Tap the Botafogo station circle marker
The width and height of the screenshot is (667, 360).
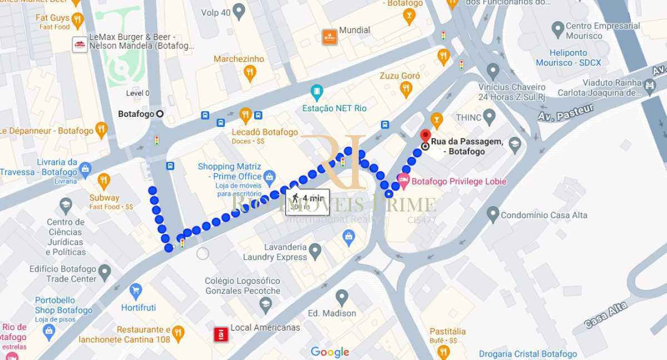160,114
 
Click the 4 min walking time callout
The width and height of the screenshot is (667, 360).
307,201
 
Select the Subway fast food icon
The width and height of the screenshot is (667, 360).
103,181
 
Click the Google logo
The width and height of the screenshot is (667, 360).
330,352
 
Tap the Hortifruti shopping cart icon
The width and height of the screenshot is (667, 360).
136,290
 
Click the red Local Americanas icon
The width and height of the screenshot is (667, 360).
221,334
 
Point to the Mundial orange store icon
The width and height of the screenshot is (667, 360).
329,37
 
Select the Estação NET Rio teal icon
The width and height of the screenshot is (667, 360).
317,92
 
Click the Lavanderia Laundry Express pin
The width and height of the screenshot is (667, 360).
315,251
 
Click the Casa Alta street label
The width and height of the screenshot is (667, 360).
606,315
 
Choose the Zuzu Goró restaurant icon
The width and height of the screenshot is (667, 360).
406,88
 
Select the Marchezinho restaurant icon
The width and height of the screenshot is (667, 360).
250,72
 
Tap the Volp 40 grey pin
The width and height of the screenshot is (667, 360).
239,11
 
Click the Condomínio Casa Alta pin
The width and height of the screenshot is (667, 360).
492,214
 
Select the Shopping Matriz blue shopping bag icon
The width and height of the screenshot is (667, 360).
269,177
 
